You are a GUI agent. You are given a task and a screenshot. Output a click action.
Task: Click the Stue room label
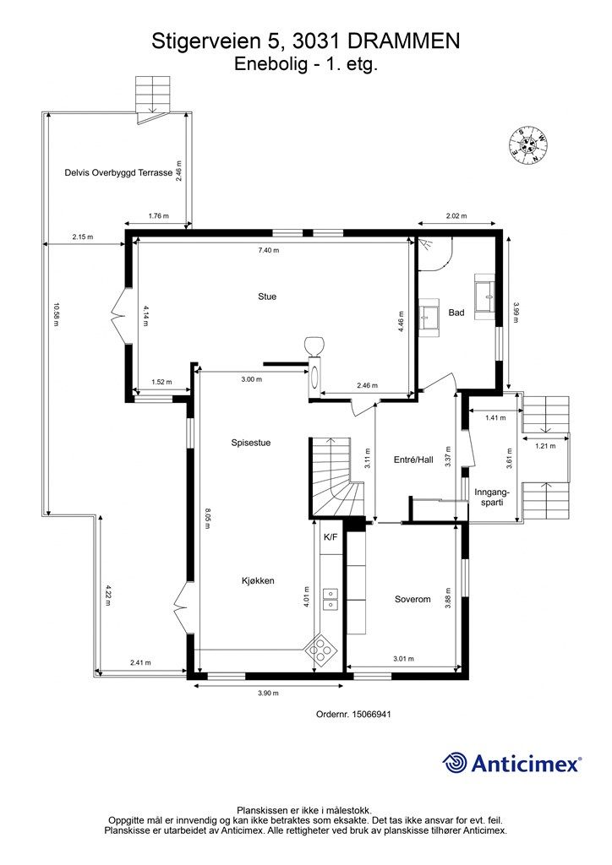267,296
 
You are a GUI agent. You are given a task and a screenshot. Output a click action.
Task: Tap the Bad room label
456,313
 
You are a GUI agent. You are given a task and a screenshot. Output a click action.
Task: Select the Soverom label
413,599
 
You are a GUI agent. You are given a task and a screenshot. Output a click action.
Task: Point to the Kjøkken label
258,581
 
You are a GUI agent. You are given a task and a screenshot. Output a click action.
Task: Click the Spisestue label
251,443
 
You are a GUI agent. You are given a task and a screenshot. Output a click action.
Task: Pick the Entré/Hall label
413,460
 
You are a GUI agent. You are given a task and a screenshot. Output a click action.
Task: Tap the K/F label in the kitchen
330,536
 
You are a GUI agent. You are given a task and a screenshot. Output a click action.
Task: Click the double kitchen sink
331,599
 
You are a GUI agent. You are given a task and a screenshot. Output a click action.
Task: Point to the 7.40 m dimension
269,250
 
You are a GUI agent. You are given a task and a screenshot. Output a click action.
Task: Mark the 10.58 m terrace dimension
55,314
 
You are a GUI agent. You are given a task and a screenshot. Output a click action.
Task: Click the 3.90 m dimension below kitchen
268,694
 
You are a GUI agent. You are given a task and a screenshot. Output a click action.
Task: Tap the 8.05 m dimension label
207,519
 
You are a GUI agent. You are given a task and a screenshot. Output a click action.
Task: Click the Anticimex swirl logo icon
455,763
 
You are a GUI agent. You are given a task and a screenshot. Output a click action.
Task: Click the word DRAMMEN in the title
404,41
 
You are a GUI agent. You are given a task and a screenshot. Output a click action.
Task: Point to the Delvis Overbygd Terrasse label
118,172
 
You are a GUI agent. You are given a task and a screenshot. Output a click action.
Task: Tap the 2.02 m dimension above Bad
456,216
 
